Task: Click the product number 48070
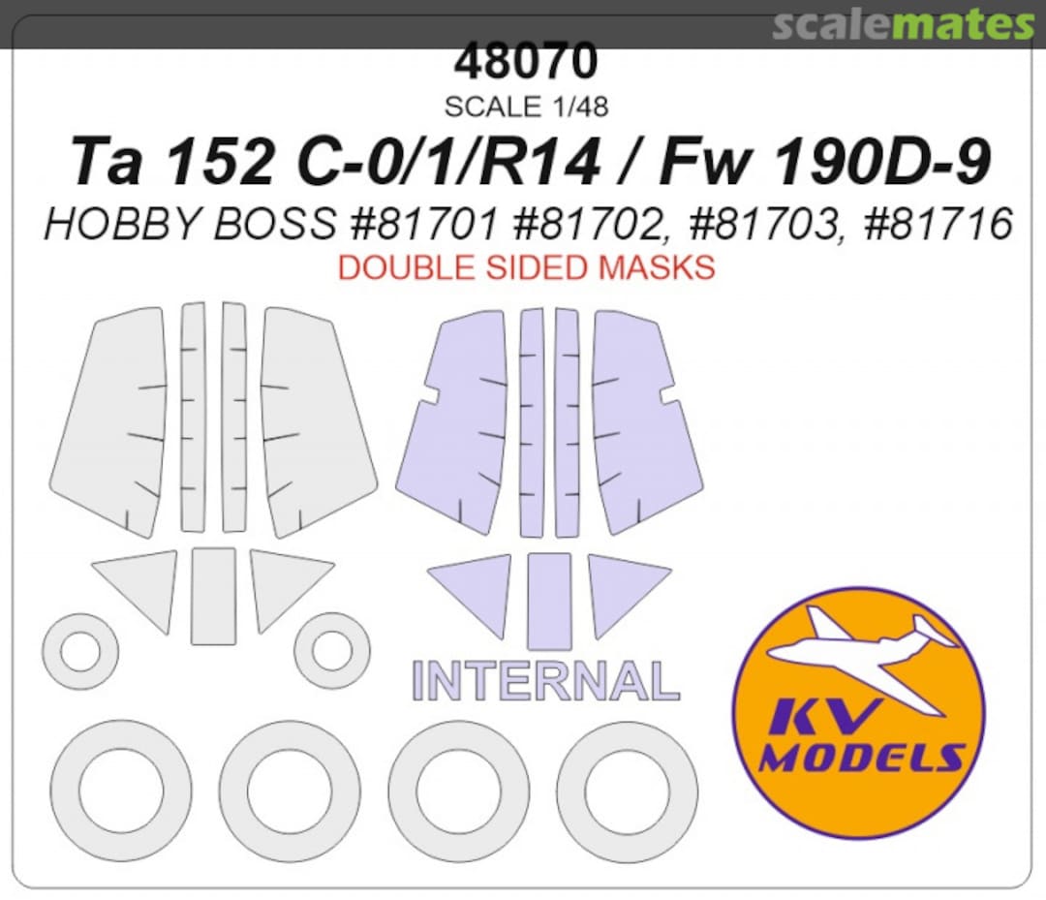click(x=525, y=62)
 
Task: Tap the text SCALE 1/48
click(x=526, y=106)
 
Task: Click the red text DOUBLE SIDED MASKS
click(x=526, y=266)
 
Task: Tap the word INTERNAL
click(x=545, y=681)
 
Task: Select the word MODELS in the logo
click(x=861, y=758)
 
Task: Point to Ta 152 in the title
click(x=165, y=163)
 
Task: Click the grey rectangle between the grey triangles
click(x=213, y=595)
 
